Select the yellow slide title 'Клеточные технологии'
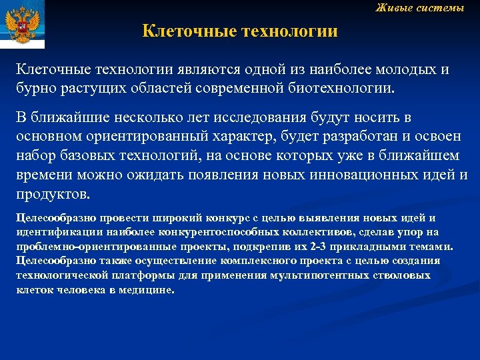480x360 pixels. [240, 31]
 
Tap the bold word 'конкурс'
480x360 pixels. [231, 218]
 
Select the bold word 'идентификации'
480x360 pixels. [56, 231]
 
